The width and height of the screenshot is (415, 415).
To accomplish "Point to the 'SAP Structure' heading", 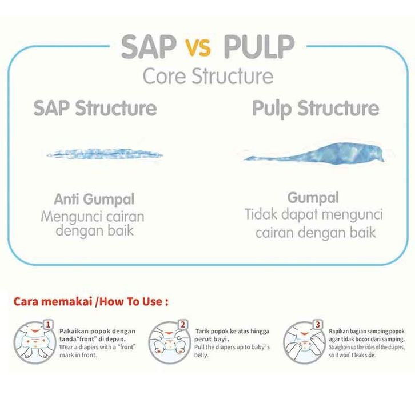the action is coord(95,108).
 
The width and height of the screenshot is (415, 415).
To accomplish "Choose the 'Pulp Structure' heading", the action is coord(316,108).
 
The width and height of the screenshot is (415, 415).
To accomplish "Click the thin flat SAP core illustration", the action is coord(105,154).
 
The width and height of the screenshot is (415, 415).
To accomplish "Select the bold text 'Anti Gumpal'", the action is coord(94,200).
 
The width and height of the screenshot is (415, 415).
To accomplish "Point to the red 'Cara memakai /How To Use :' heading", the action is coord(91,301).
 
